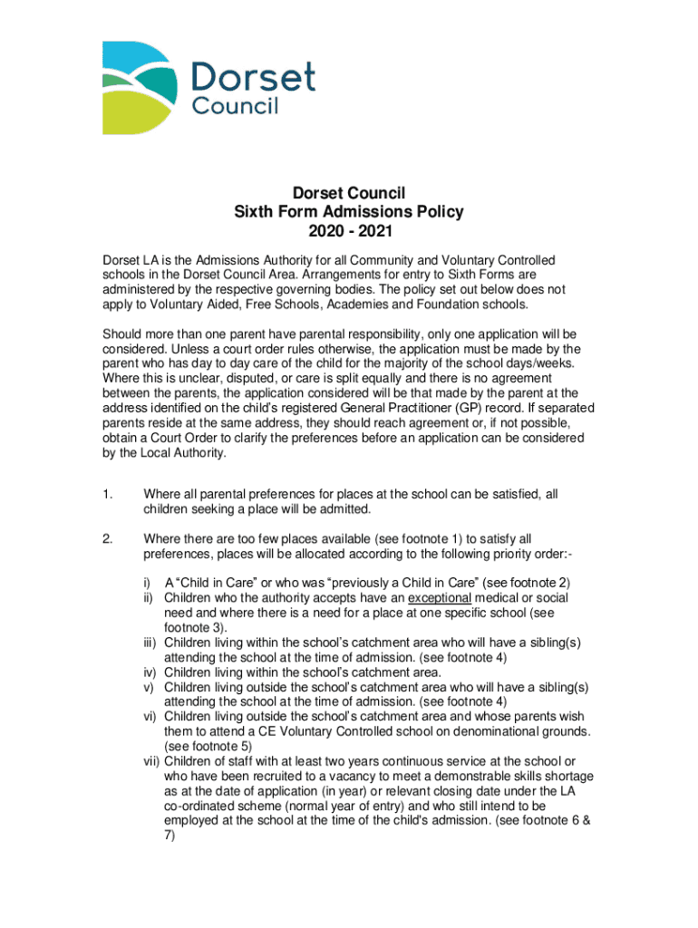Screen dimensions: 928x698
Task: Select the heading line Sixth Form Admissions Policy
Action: [x=349, y=212]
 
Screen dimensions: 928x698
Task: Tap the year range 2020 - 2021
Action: [x=349, y=232]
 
